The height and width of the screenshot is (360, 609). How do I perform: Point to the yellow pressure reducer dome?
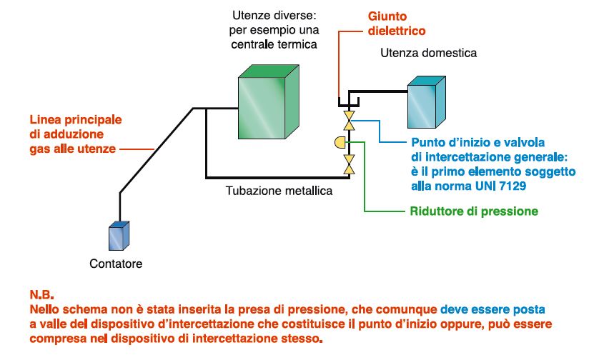340,142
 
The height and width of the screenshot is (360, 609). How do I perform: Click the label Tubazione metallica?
279,191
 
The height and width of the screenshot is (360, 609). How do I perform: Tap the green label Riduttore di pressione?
474,211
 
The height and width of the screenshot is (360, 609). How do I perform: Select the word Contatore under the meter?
116,264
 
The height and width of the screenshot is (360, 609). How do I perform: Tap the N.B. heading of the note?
41,294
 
